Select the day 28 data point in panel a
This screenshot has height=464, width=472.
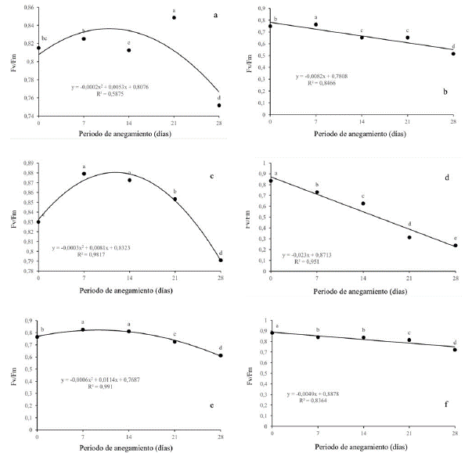coord(219,105)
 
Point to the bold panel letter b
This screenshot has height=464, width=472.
coord(445,92)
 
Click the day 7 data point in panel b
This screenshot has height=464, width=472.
coord(315,24)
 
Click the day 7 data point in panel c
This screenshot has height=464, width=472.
coord(84,174)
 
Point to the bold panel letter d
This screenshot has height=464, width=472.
coord(446,178)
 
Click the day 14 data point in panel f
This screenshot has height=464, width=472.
coord(363,337)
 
